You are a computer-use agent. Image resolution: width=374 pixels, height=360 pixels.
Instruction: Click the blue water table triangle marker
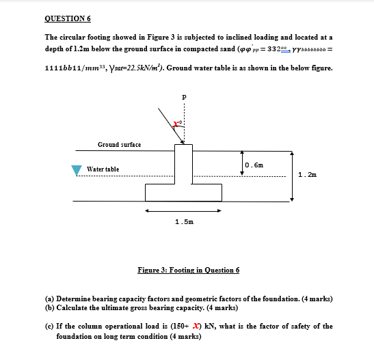pos(77,171)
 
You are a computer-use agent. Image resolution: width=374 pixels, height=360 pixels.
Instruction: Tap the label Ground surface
pos(119,145)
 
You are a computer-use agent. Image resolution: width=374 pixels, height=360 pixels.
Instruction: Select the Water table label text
pos(103,169)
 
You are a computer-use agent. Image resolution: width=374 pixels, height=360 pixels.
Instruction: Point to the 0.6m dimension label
pos(254,165)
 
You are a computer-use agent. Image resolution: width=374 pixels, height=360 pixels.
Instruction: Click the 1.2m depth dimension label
pos(308,175)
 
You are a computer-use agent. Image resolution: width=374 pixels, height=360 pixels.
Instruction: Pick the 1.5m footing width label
pos(184,223)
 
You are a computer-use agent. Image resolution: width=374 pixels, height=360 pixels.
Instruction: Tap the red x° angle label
pos(176,124)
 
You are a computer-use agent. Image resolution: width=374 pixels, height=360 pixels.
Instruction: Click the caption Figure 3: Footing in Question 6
pos(188,270)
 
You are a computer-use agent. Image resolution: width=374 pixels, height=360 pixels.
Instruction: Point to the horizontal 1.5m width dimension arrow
pos(183,211)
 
